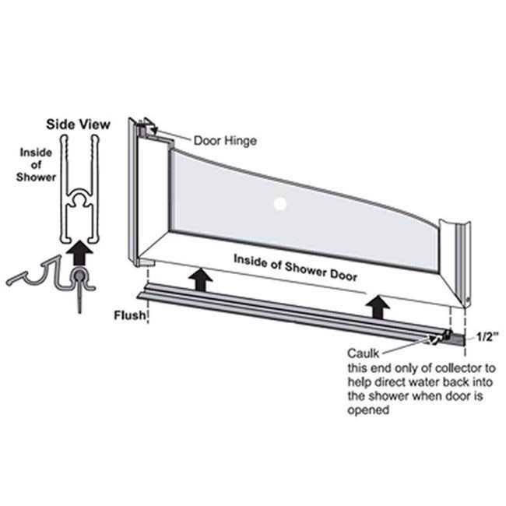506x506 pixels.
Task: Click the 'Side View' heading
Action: tap(78, 125)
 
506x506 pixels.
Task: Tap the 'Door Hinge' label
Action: tap(225, 141)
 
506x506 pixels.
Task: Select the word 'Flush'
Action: tap(130, 315)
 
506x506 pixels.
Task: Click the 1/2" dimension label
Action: tap(487, 337)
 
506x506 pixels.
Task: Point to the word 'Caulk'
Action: tap(364, 353)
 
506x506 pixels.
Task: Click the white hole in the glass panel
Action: tap(280, 204)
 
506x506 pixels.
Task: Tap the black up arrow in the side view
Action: tap(79, 253)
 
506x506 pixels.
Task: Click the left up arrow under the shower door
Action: tap(201, 279)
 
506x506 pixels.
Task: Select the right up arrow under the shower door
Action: tap(378, 307)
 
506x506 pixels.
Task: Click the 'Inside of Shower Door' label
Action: tap(295, 268)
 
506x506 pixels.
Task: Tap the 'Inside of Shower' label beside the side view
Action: tap(36, 164)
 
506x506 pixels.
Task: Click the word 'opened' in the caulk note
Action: tap(368, 410)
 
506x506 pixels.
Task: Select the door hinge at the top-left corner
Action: tap(148, 129)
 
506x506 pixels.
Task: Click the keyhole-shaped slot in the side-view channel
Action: tap(79, 199)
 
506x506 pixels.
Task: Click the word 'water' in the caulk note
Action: tap(421, 382)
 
